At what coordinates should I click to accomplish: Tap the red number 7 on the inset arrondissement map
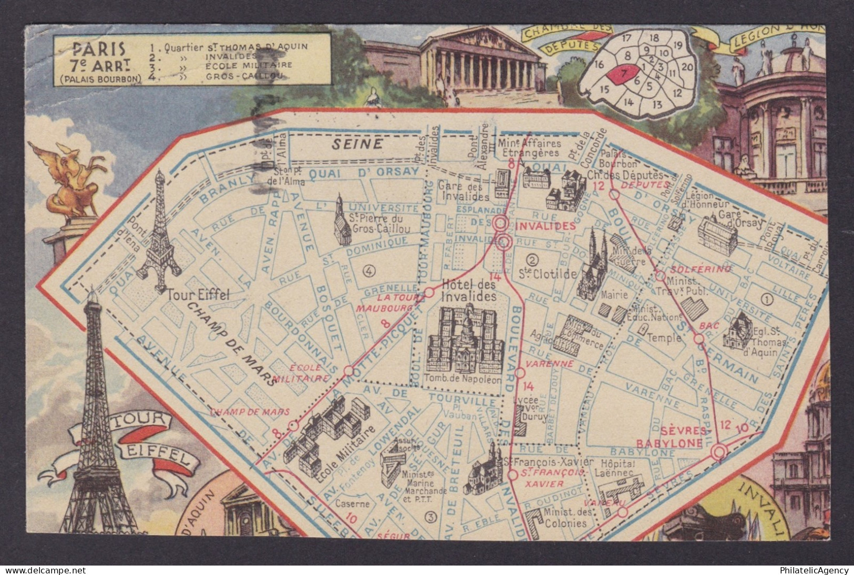click(x=623, y=74)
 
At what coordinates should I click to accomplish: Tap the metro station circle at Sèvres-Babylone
click(x=719, y=452)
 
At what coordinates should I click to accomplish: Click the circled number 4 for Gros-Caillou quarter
click(x=369, y=270)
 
